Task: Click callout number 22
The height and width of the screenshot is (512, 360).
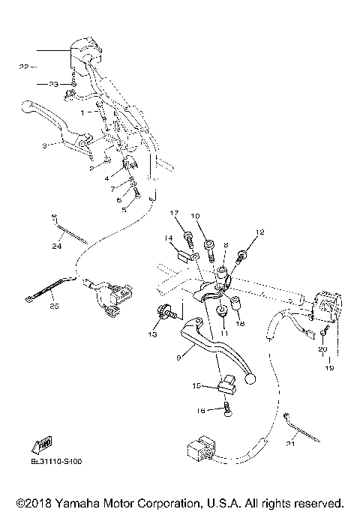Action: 23,67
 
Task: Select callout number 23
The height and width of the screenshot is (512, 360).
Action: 53,85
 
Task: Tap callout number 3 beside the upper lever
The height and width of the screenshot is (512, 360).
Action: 44,145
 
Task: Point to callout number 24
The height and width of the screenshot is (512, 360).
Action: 56,247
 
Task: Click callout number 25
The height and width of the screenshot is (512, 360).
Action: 53,305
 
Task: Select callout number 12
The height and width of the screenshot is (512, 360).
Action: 260,232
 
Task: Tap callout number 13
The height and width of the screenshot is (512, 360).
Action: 152,334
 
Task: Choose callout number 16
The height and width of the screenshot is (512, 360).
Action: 200,411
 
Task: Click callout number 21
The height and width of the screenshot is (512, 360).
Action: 290,444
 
